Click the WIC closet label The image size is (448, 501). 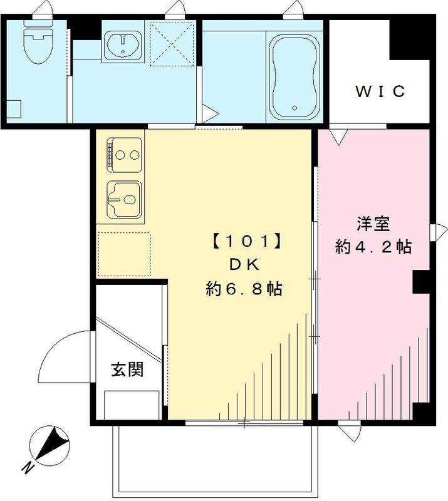[381, 91]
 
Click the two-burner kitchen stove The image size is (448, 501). [125, 153]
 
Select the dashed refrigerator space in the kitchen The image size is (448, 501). [124, 254]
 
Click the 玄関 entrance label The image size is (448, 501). [127, 369]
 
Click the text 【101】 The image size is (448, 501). [244, 240]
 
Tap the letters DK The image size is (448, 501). [243, 264]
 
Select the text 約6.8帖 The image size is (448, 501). [244, 289]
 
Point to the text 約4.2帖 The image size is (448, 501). [373, 247]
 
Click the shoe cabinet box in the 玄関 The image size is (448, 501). [132, 405]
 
